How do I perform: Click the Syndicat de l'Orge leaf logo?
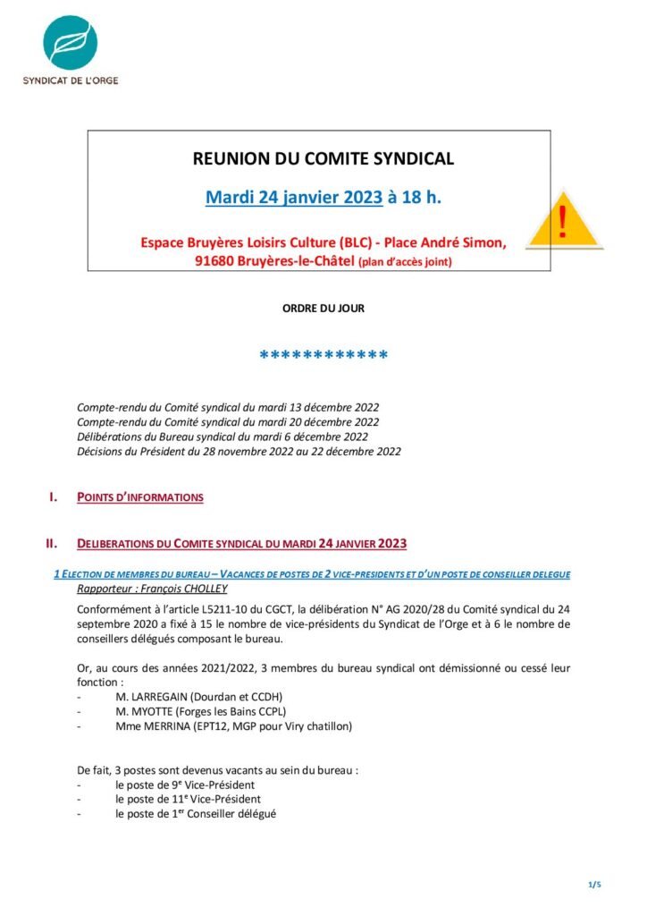(71, 42)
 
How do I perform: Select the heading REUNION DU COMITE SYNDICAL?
(323, 159)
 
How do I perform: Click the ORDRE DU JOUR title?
(323, 309)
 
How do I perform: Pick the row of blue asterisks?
(323, 357)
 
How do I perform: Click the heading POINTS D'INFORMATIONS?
(140, 497)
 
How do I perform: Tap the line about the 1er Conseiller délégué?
(196, 814)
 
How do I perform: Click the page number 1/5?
(595, 885)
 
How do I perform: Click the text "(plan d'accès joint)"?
(405, 262)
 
